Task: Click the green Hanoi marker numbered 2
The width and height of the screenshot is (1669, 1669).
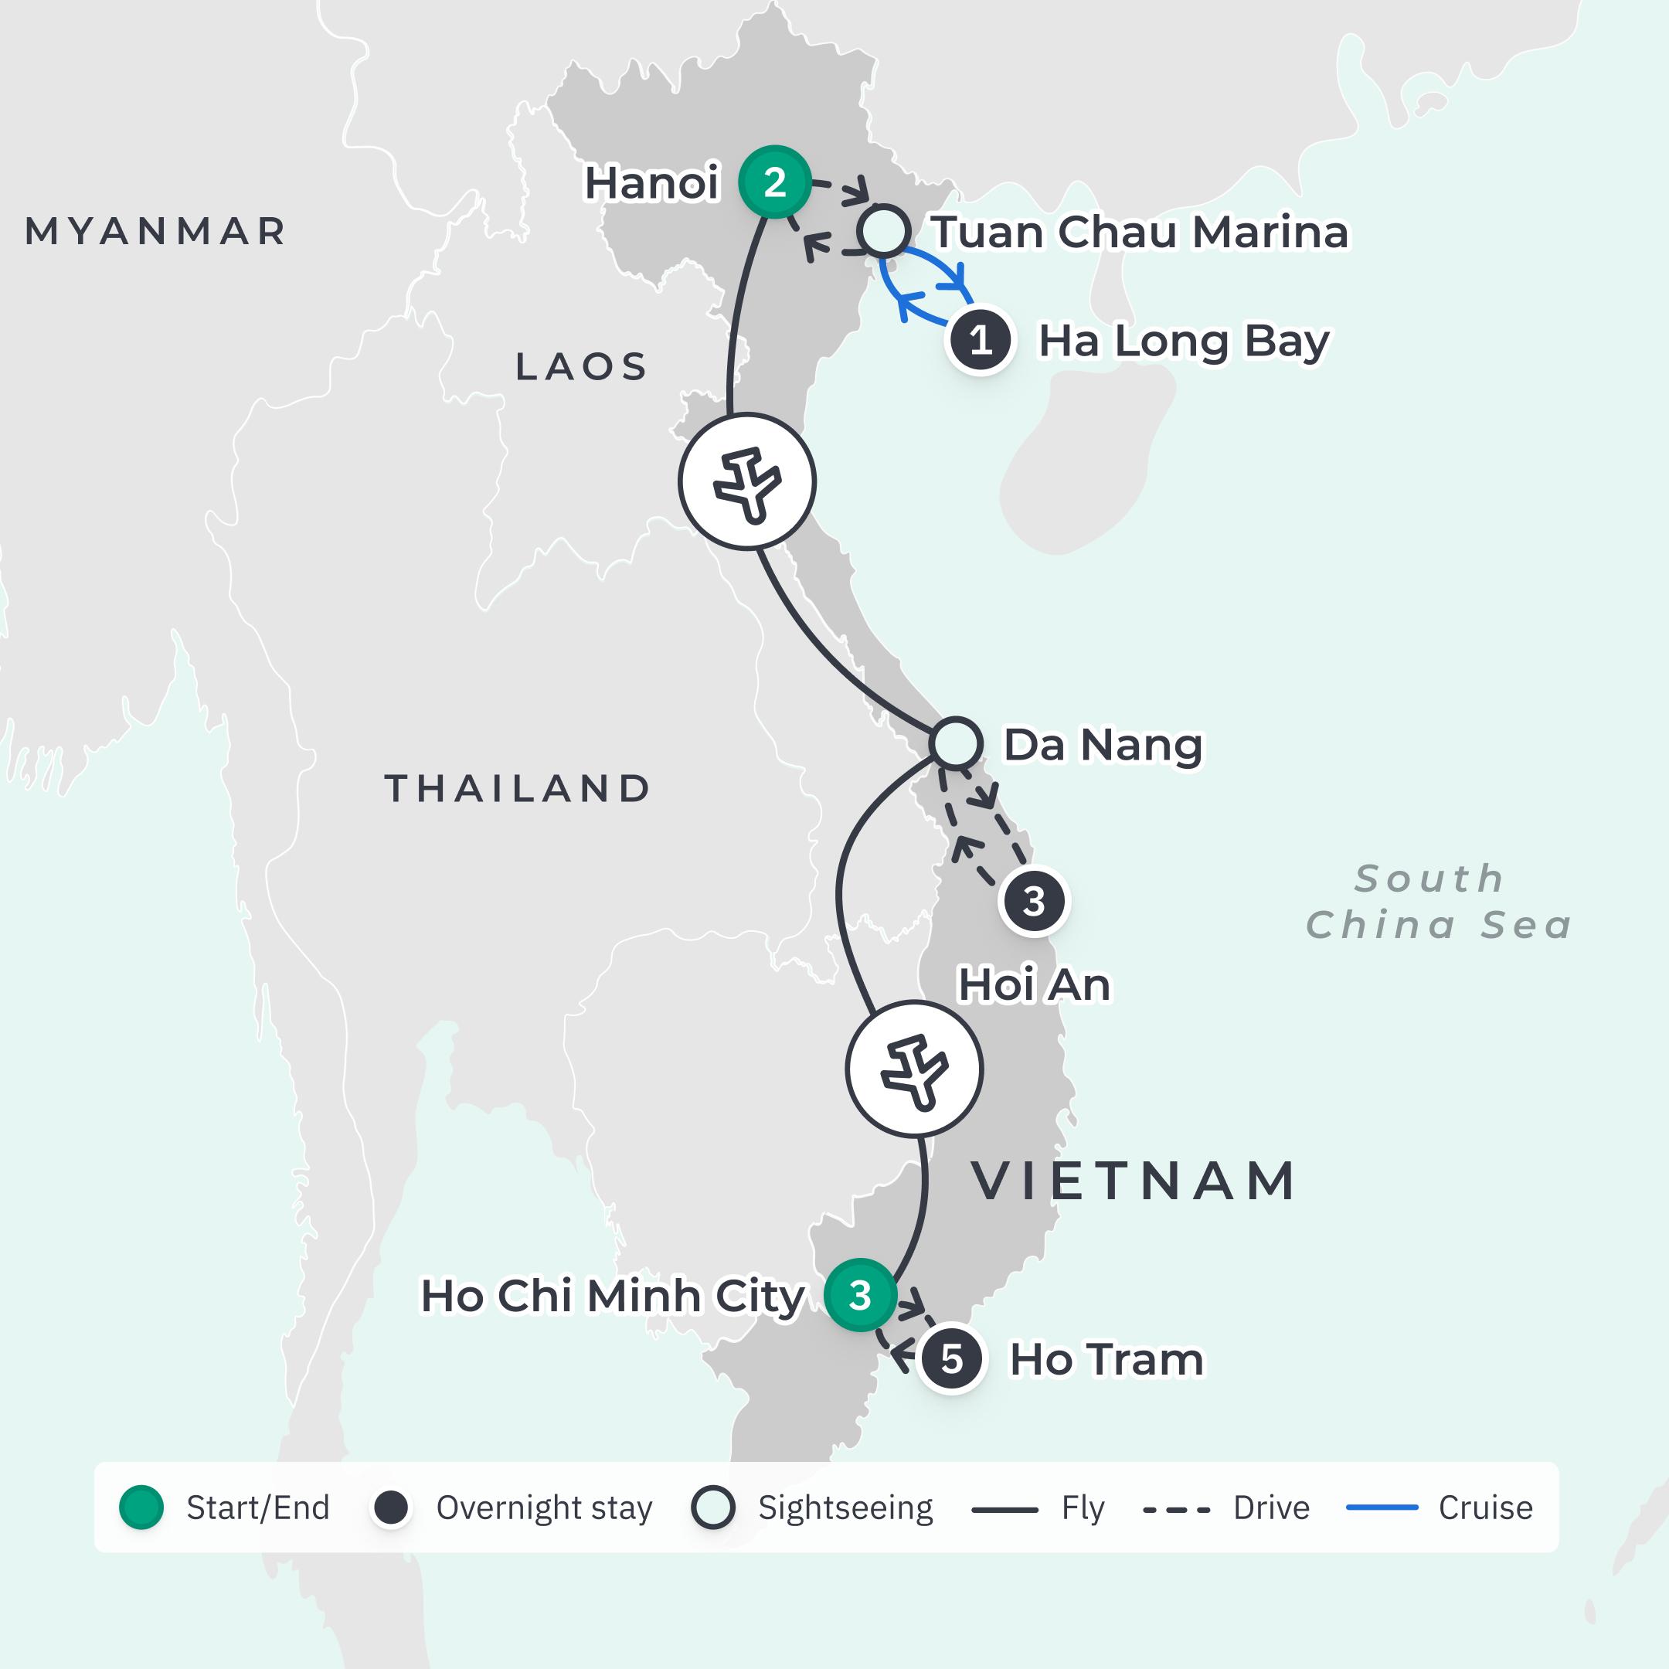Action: [775, 182]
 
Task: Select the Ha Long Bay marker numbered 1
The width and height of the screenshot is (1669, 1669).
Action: [980, 340]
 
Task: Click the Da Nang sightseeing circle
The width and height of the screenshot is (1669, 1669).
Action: [956, 743]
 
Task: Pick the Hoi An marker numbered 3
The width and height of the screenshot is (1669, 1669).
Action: [1034, 901]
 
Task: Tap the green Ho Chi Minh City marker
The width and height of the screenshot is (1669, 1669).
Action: [859, 1295]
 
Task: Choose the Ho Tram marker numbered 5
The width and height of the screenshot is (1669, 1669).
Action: [952, 1359]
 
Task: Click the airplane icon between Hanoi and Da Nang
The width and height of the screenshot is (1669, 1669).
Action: [747, 481]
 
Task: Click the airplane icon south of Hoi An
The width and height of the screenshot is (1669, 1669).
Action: [914, 1069]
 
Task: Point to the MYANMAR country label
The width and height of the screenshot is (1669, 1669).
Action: [155, 232]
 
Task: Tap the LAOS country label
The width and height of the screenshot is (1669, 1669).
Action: [581, 366]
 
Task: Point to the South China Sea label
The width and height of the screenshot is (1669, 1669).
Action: [1437, 902]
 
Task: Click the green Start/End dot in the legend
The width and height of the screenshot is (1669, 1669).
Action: [141, 1508]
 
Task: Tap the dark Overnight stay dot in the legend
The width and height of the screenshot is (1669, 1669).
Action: [390, 1508]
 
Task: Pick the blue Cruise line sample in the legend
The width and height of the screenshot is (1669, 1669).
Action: [1382, 1508]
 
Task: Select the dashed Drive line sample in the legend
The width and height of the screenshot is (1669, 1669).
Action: [1177, 1509]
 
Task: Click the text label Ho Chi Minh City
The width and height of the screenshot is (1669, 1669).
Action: [613, 1296]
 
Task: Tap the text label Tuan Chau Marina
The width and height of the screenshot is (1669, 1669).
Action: [1140, 232]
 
